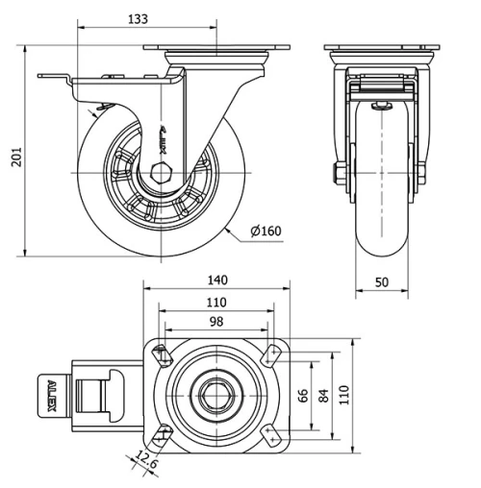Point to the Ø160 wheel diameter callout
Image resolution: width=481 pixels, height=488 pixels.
point(265,232)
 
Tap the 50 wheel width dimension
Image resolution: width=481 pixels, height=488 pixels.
point(382,281)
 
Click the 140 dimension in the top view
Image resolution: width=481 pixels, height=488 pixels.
point(216,280)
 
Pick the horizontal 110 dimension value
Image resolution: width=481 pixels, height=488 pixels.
point(216,303)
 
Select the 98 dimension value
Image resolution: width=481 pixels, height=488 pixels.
point(216,322)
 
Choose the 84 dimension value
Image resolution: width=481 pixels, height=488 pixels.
point(323,395)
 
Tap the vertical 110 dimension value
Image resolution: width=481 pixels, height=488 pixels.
point(344,395)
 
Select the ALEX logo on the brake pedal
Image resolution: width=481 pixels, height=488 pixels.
point(52,397)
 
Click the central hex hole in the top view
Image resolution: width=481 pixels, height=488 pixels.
point(216,396)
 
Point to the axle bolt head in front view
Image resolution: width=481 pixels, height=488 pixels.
point(340,176)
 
